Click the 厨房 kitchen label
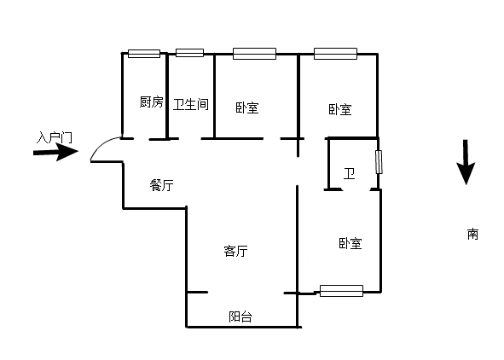point(152,102)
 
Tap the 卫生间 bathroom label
point(191,104)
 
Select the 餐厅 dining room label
point(162,185)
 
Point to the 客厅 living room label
point(235,251)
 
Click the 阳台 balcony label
point(240,317)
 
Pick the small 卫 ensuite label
point(349,173)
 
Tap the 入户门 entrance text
point(54,137)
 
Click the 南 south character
point(472,234)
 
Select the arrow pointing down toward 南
point(466,162)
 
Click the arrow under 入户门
point(56,152)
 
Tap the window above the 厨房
point(144,54)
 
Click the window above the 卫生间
point(189,53)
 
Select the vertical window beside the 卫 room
point(379,162)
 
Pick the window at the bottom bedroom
point(342,291)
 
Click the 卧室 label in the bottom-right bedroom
point(350,244)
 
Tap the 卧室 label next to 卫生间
point(247,107)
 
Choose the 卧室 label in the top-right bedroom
point(340,109)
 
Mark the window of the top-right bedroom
point(335,54)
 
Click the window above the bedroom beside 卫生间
point(255,54)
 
